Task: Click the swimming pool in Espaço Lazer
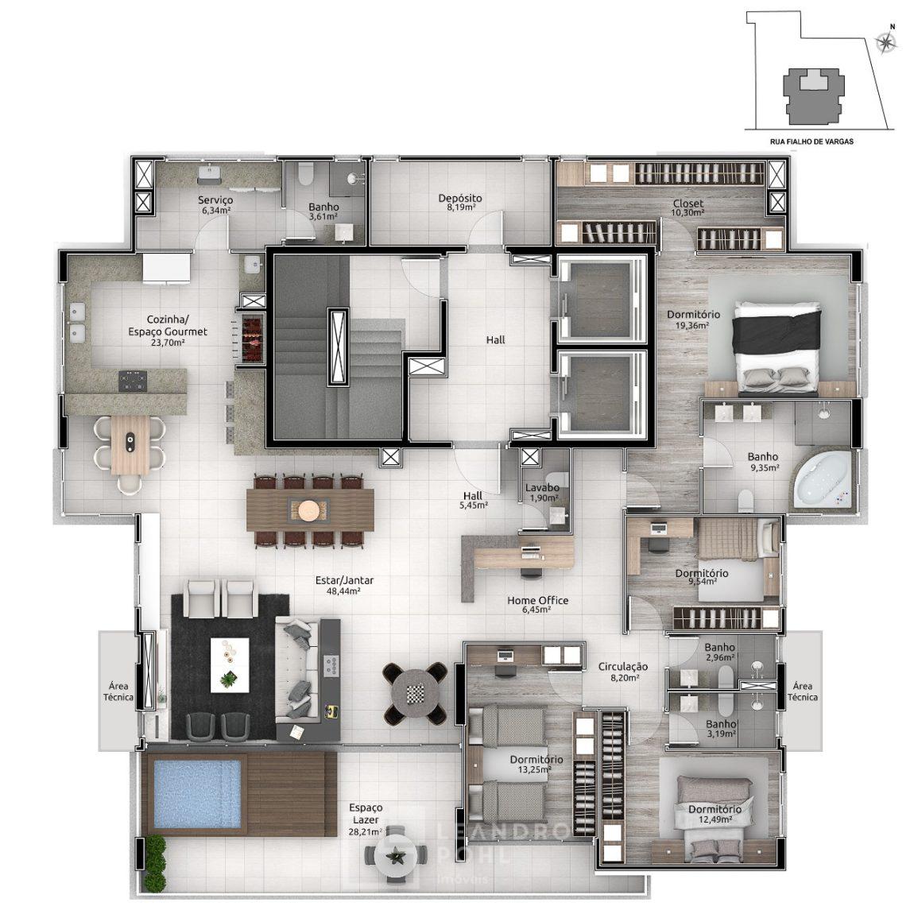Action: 196,792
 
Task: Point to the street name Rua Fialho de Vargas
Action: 811,141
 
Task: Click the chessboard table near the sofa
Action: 415,693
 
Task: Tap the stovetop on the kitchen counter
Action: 133,381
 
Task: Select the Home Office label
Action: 537,600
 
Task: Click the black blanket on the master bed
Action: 777,331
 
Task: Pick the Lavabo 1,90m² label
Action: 542,492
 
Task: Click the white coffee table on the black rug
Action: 230,665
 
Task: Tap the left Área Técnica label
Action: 118,691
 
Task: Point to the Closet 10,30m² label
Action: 687,207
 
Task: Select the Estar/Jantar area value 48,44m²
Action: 344,591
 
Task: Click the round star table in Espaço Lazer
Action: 396,856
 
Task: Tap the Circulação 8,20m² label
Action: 622,672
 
